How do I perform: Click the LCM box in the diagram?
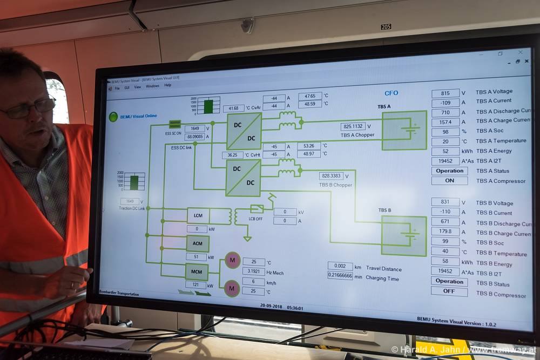pyautogui.click(x=198, y=215)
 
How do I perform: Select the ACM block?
pyautogui.click(x=198, y=243)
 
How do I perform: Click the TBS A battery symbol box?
pyautogui.click(x=404, y=130)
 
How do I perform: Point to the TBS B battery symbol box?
pyautogui.click(x=404, y=236)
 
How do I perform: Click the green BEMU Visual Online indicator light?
pyautogui.click(x=113, y=117)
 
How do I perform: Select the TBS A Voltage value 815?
pyautogui.click(x=446, y=93)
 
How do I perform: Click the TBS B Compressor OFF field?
pyautogui.click(x=449, y=291)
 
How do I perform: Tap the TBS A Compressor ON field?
pyautogui.click(x=449, y=181)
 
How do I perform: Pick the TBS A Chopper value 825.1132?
pyautogui.click(x=353, y=126)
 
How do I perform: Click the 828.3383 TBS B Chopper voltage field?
pyautogui.click(x=331, y=176)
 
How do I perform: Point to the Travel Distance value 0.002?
pyautogui.click(x=340, y=266)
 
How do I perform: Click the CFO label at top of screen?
pyautogui.click(x=391, y=93)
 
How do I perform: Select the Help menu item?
pyautogui.click(x=167, y=85)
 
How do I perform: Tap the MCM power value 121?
pyautogui.click(x=196, y=284)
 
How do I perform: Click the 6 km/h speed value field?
pyautogui.click(x=253, y=281)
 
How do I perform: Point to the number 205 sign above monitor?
pyautogui.click(x=386, y=26)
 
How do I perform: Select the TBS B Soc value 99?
pyautogui.click(x=446, y=242)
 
